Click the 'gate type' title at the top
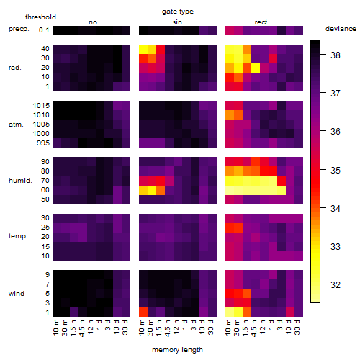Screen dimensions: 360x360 (178, 12)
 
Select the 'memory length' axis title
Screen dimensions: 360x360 (177, 350)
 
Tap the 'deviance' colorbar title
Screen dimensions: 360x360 (341, 29)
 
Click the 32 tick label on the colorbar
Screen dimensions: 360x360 (336, 285)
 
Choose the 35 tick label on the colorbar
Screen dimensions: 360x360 (336, 171)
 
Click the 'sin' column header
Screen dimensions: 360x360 (177, 22)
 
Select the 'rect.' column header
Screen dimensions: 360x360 (261, 22)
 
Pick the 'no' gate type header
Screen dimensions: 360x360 (93, 22)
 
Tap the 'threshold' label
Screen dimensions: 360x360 (40, 17)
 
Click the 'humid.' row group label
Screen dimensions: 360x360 (20, 181)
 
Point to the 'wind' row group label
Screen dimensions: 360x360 (17, 294)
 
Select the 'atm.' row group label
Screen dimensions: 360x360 (16, 125)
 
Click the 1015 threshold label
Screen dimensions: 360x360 (41, 106)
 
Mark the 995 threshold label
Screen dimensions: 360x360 (43, 143)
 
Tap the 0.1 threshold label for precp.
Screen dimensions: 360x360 (44, 30)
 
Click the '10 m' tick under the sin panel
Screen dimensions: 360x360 (142, 327)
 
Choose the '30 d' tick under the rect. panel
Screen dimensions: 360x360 (297, 327)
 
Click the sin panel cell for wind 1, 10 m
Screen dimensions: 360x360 (143, 312)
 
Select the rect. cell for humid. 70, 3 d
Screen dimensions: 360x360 (282, 181)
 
